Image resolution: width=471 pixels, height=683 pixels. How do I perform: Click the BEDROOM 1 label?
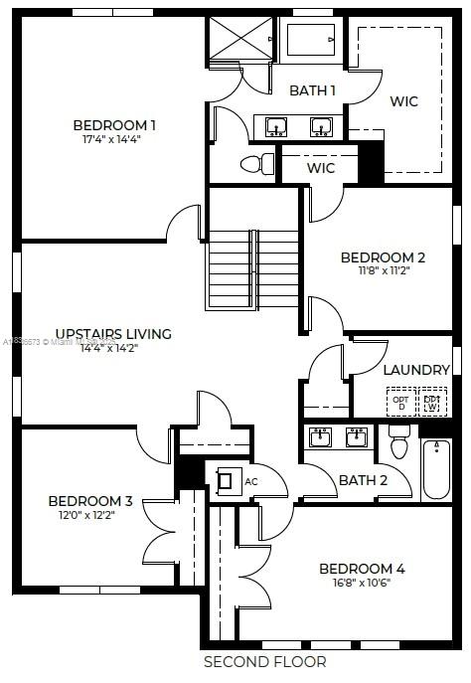click(114, 125)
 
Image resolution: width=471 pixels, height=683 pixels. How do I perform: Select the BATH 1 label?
click(312, 90)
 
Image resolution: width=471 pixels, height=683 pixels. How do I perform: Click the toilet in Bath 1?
click(260, 163)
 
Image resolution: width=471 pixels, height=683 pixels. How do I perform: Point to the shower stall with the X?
click(238, 40)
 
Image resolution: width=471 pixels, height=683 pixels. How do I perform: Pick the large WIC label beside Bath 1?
click(404, 101)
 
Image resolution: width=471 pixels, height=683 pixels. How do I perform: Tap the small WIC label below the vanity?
click(320, 168)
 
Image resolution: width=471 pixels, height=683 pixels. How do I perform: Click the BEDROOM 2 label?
click(383, 256)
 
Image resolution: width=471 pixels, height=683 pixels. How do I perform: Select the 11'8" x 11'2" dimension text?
click(383, 270)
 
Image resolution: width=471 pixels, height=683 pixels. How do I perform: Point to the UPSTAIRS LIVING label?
click(113, 334)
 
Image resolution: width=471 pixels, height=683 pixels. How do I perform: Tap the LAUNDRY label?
click(416, 370)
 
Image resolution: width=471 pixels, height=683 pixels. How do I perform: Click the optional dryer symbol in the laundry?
click(401, 402)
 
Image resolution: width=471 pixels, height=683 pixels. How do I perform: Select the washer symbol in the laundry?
click(432, 402)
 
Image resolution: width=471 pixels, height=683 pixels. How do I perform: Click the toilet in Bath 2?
click(399, 443)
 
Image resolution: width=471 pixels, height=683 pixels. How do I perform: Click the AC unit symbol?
click(227, 481)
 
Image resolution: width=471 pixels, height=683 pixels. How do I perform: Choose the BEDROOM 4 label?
click(362, 569)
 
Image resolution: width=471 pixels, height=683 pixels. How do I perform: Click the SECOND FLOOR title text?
click(264, 661)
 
